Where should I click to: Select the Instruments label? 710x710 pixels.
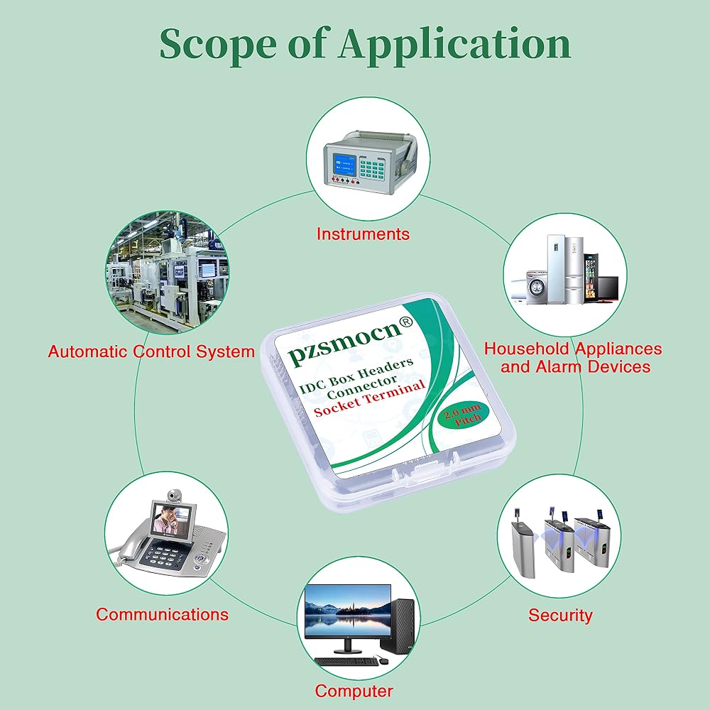363,234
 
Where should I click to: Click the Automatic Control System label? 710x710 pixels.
151,352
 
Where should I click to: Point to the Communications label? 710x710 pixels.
162,614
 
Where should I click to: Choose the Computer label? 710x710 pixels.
354,691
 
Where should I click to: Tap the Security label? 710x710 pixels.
560,616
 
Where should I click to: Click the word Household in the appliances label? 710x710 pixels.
527,349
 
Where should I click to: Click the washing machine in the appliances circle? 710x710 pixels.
537,287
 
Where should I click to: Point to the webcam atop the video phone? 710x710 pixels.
174,496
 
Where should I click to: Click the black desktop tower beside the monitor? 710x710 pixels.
397,626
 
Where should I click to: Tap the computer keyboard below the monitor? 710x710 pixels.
346,661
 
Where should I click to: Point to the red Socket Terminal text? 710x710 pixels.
369,398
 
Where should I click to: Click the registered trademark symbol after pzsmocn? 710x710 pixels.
405,322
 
